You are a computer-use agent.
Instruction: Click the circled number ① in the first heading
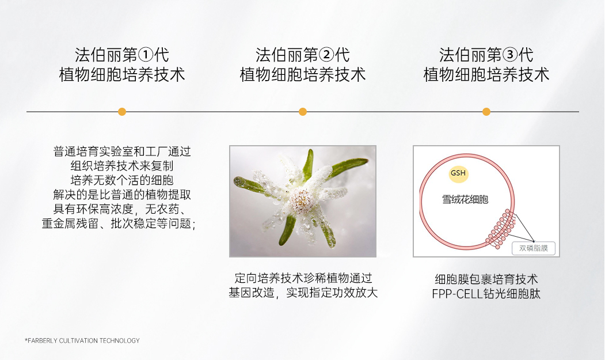(146, 55)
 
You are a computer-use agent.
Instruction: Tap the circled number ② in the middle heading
(326, 55)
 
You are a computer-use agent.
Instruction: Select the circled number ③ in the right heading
(510, 55)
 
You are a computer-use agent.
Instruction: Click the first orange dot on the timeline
(122, 112)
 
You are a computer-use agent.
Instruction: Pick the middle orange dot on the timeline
(303, 112)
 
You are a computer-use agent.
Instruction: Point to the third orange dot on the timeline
(486, 112)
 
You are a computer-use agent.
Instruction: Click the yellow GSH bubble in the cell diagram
(458, 173)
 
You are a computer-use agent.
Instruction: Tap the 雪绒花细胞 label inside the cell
(465, 200)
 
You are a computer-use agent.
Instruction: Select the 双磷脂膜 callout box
(534, 248)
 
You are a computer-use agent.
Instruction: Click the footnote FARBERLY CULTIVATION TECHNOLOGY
(82, 340)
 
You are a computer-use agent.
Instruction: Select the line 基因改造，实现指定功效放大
(303, 293)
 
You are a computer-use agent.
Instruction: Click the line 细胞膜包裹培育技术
(486, 279)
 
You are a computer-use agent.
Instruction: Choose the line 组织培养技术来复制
(122, 166)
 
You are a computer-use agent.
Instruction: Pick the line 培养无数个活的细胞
(122, 180)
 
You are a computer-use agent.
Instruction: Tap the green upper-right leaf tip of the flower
(364, 161)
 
